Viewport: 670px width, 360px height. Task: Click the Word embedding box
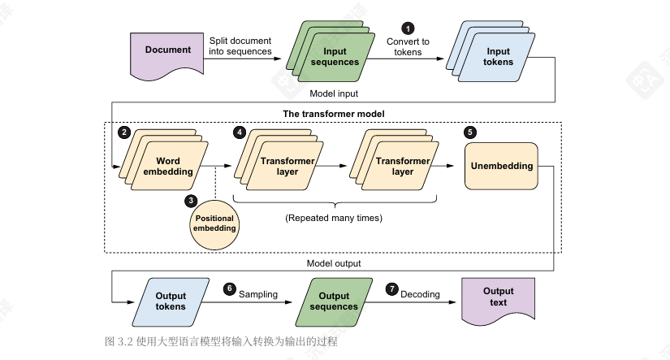(167, 167)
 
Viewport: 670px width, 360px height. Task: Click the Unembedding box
(501, 167)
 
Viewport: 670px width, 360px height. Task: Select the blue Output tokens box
(170, 300)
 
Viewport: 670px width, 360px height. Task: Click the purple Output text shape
(498, 297)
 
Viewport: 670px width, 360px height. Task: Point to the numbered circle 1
(408, 28)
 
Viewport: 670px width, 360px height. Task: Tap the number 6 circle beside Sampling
(229, 289)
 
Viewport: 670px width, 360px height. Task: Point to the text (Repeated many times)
(334, 218)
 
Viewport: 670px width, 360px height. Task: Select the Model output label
(334, 263)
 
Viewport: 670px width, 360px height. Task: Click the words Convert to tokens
(408, 47)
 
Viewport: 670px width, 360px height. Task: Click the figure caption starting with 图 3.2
(221, 341)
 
